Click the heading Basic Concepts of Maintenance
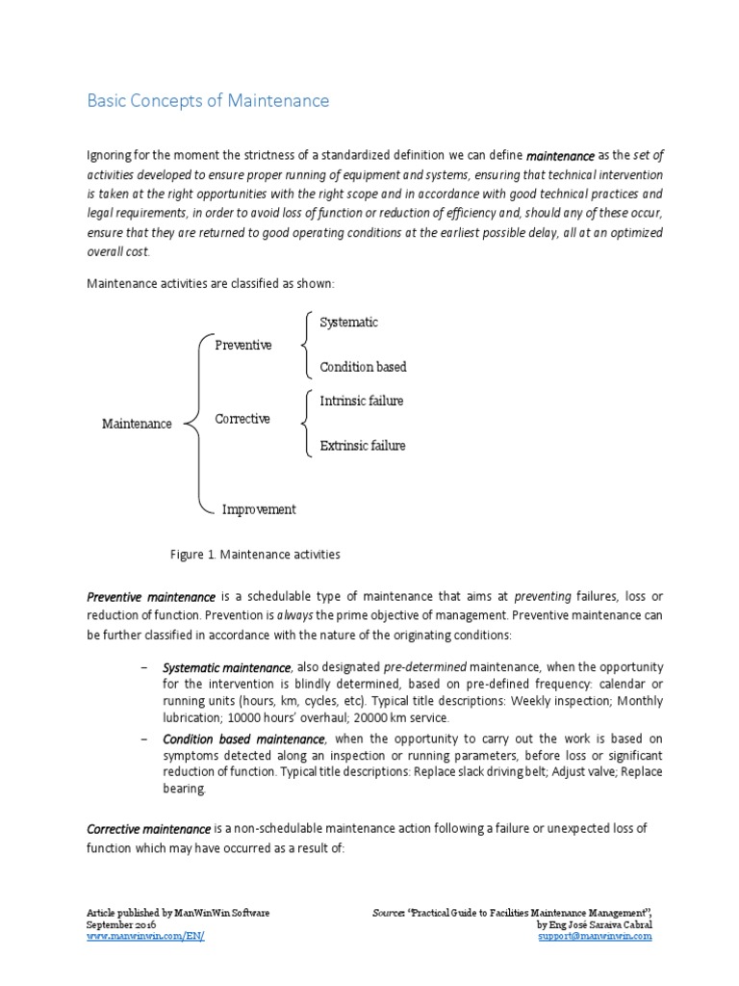209,101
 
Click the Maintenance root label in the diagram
137,424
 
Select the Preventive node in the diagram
242,345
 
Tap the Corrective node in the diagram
242,419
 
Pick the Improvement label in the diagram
259,509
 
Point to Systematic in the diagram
348,323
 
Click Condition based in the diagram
363,367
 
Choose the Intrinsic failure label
361,401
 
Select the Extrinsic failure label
362,446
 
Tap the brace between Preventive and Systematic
305,344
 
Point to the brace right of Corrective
305,422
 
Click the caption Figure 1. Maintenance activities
255,555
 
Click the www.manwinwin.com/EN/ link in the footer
145,936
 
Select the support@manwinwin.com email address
595,936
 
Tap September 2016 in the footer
122,923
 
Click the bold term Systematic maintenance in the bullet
227,667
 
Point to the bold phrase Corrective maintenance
149,829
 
